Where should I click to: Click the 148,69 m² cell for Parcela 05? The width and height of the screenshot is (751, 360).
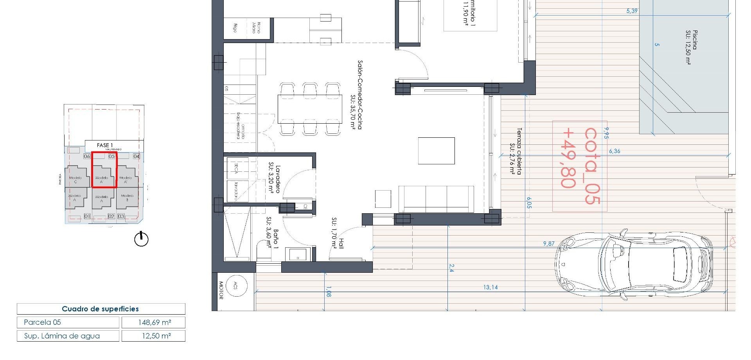(x=153, y=322)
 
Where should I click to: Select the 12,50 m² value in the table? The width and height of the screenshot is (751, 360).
(x=153, y=336)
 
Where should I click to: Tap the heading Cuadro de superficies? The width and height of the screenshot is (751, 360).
(x=101, y=309)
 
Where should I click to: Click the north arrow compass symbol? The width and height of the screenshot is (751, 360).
(x=141, y=239)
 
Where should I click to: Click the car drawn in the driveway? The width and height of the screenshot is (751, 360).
(x=634, y=265)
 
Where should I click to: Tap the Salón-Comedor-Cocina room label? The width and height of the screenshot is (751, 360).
(x=356, y=95)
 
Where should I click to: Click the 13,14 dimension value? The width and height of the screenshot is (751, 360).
(x=490, y=287)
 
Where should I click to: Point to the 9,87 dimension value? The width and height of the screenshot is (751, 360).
(x=549, y=243)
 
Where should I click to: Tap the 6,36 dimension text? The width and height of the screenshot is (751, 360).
(x=614, y=151)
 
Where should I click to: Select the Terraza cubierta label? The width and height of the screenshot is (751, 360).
(x=516, y=151)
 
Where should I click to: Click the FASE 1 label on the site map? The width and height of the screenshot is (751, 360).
(x=105, y=145)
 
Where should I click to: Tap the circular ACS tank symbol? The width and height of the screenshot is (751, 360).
(x=235, y=286)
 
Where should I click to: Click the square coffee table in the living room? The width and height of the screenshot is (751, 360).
(x=436, y=151)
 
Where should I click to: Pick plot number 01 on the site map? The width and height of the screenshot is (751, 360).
(x=87, y=216)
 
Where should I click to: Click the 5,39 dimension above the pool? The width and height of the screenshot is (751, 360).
(x=632, y=11)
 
